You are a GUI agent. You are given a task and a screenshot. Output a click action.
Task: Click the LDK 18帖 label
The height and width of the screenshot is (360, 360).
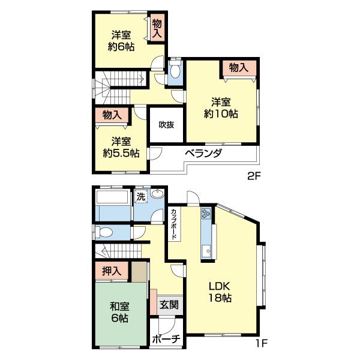click(x=220, y=292)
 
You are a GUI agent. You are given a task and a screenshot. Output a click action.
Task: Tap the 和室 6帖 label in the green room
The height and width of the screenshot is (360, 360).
click(x=119, y=312)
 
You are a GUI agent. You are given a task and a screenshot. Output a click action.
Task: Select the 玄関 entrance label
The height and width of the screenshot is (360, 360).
click(x=169, y=305)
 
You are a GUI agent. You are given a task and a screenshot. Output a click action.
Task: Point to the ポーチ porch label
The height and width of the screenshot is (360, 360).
click(x=166, y=339)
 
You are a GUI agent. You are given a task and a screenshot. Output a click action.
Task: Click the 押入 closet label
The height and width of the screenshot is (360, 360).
click(x=112, y=271)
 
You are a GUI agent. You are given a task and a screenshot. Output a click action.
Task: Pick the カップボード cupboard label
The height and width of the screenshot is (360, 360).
click(x=174, y=224)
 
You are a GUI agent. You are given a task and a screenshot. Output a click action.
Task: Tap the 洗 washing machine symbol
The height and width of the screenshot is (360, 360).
click(x=140, y=197)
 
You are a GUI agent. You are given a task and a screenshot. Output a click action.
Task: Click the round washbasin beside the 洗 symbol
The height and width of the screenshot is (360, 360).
click(x=157, y=193)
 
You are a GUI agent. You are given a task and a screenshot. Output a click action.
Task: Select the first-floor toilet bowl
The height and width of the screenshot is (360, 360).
click(x=104, y=232)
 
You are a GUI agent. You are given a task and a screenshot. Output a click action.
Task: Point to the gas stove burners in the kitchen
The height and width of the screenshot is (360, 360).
click(x=206, y=213)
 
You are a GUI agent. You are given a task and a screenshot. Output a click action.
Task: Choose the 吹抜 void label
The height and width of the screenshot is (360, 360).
click(x=166, y=125)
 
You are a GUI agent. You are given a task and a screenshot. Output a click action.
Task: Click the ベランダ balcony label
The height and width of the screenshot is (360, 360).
click(x=203, y=153)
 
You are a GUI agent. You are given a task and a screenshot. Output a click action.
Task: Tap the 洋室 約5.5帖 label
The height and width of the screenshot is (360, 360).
click(x=121, y=147)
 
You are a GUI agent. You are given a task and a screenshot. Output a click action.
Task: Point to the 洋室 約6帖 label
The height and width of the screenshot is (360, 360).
click(x=121, y=41)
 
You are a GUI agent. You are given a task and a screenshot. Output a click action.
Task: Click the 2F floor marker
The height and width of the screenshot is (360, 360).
click(x=254, y=176)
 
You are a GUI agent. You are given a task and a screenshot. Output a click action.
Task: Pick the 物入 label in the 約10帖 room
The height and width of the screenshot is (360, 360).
click(x=239, y=67)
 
